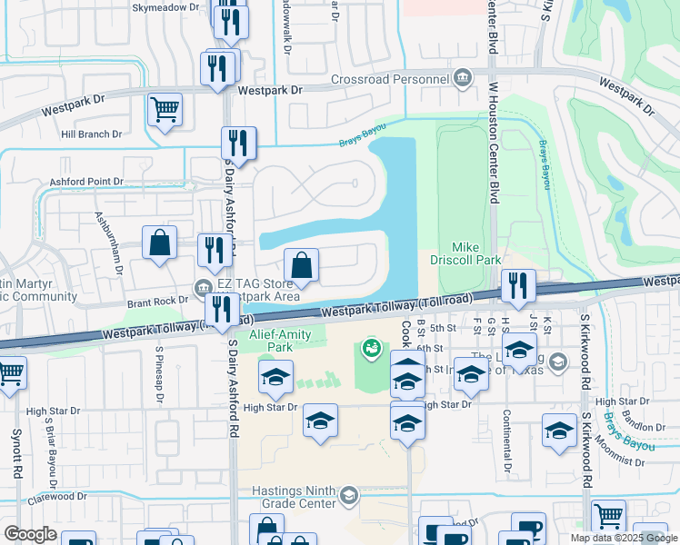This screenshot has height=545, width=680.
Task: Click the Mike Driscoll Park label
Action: (x=476, y=253)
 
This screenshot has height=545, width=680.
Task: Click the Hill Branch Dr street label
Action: (x=91, y=134)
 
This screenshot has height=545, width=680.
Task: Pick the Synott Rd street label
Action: (x=16, y=454)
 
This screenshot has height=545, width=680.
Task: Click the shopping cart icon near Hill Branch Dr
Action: (x=165, y=112)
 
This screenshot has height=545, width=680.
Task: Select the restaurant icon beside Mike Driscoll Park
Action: (x=518, y=286)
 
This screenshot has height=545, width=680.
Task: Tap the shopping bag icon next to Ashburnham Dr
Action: (x=160, y=243)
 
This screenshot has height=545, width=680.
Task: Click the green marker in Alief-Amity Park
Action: (x=371, y=347)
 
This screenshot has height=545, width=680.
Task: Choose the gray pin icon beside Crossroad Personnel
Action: (x=464, y=78)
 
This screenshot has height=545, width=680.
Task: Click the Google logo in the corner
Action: (x=29, y=533)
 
